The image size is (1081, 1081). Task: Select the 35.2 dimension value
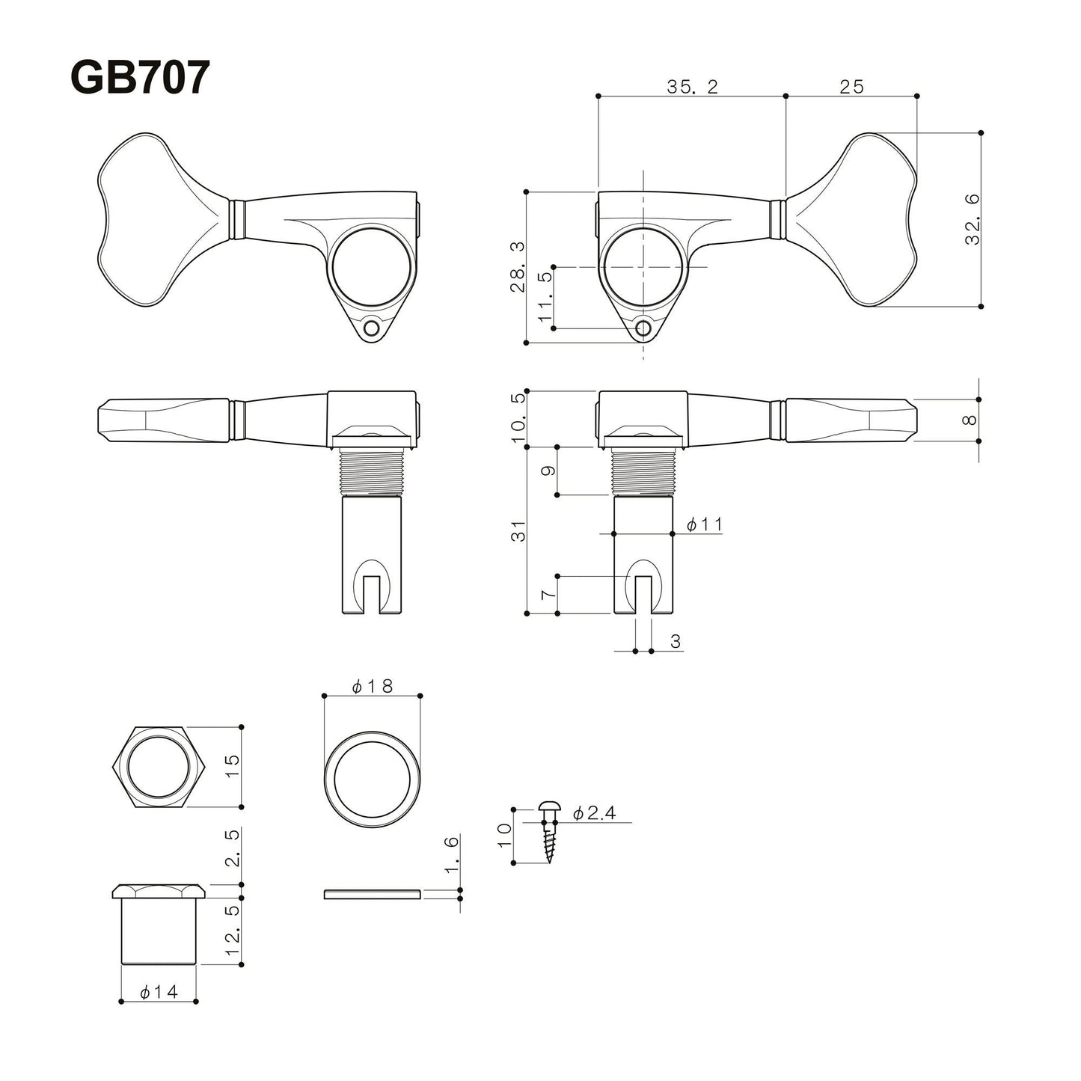(x=692, y=87)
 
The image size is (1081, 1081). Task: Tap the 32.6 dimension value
(x=971, y=219)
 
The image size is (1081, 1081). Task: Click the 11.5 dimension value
(x=545, y=297)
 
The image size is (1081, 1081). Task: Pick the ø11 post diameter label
(x=704, y=524)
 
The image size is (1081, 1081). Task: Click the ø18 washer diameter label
(x=372, y=686)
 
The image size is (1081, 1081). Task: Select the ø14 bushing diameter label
(x=159, y=992)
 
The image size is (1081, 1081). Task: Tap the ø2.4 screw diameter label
(x=595, y=813)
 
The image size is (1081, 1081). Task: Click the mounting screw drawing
(x=549, y=830)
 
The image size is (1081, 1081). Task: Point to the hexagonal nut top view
(x=159, y=766)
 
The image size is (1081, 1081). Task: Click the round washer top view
(x=372, y=780)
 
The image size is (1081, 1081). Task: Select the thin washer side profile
(x=372, y=893)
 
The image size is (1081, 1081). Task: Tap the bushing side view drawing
(x=159, y=924)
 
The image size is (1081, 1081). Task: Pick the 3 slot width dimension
(x=675, y=641)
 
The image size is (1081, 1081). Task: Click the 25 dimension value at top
(x=851, y=87)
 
